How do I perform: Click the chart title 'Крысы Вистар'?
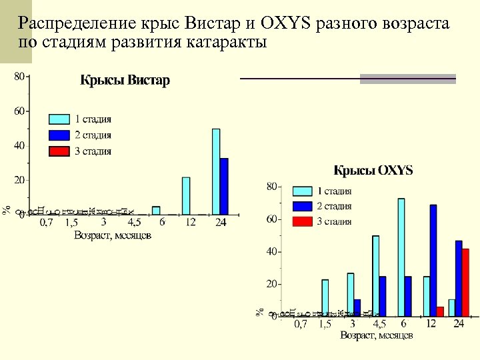[x=125, y=81]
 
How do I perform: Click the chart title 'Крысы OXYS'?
[x=373, y=171]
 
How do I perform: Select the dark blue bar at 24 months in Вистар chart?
[x=224, y=186]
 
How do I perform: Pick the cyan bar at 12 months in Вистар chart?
[x=186, y=196]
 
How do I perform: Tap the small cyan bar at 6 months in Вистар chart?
[x=156, y=210]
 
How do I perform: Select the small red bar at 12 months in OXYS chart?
[x=440, y=311]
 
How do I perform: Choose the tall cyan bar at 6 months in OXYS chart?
[x=401, y=257]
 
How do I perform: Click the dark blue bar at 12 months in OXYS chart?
[x=433, y=260]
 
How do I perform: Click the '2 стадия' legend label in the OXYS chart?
[x=334, y=206]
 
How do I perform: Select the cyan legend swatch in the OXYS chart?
[x=303, y=191]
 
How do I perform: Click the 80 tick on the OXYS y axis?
[x=272, y=187]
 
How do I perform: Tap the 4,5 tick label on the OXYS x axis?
[x=379, y=324]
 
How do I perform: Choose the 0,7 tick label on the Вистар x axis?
[x=46, y=223]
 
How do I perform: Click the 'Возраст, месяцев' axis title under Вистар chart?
[x=113, y=235]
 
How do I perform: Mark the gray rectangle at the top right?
[x=408, y=79]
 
